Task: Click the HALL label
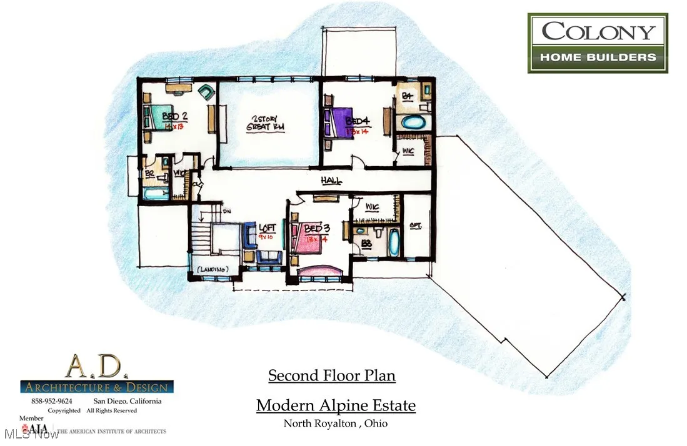coord(331,181)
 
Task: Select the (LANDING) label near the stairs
coord(213,269)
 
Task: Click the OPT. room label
coord(415,226)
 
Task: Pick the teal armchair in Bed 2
coord(206,92)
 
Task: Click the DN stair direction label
coord(226,211)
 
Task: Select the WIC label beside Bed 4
coord(408,151)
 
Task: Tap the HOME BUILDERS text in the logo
coord(598,57)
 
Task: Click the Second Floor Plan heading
coord(332,375)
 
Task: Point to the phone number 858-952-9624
coord(51,401)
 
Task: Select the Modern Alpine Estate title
coord(336,405)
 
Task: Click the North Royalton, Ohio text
coord(336,424)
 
